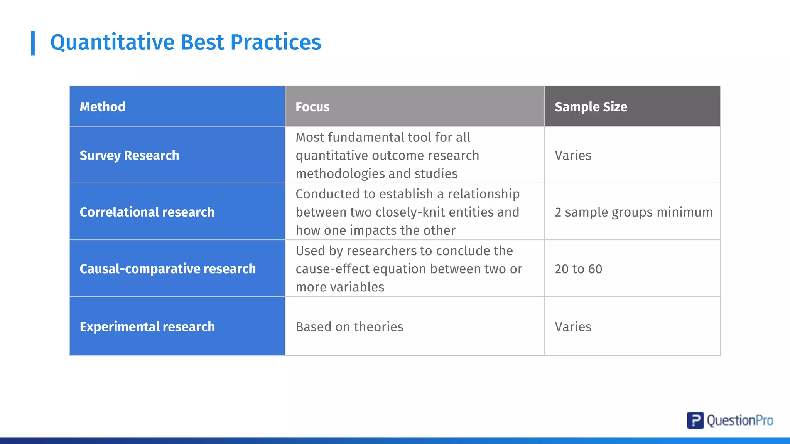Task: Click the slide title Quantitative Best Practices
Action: [186, 42]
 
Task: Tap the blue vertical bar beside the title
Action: [33, 43]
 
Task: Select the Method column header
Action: [102, 107]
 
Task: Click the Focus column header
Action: [312, 107]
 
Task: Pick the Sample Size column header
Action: [591, 107]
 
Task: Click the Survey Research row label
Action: [129, 155]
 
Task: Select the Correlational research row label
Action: [147, 212]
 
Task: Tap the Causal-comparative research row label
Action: [167, 269]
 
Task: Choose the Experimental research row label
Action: [147, 327]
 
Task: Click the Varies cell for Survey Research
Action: [573, 155]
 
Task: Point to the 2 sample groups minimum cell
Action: [633, 212]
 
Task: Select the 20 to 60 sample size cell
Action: [578, 269]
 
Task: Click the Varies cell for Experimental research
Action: [573, 327]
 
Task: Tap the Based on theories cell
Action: [349, 327]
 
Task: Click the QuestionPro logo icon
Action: [695, 420]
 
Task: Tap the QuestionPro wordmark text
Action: [740, 420]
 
